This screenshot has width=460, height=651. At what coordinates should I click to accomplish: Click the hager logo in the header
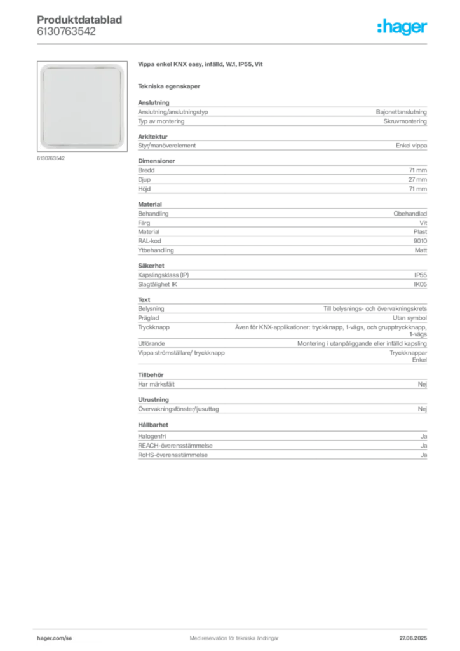402,27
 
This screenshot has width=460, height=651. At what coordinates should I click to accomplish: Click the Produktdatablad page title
79,20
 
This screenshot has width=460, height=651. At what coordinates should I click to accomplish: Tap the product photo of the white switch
82,106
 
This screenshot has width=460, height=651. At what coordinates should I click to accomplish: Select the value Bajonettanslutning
401,112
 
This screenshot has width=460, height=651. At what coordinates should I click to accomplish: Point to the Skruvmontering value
405,121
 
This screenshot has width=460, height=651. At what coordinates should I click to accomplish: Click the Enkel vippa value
411,146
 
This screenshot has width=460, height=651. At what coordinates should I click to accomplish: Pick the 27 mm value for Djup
417,180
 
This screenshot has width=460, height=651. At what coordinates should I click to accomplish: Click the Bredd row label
146,170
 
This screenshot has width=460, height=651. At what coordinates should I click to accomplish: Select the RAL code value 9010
420,241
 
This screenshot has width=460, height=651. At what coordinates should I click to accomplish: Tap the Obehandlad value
410,214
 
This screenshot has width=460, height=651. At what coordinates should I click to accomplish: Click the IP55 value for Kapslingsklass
420,275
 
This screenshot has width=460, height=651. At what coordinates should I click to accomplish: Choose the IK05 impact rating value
420,284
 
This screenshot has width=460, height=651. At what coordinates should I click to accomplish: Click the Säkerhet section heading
151,266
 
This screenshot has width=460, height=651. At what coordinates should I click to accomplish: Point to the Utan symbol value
410,318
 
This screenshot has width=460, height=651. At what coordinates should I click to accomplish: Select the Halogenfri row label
152,437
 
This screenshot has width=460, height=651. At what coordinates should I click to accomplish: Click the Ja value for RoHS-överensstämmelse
424,455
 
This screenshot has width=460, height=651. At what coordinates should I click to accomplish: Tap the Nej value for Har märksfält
423,385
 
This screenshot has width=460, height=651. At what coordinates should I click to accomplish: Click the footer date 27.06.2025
413,638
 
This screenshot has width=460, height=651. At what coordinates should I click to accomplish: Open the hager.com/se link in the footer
55,638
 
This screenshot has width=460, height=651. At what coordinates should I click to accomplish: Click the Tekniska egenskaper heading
169,86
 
